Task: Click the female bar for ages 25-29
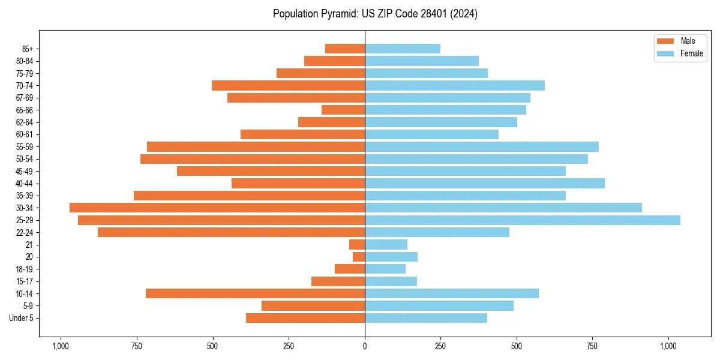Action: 522,220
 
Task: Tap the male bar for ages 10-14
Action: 255,293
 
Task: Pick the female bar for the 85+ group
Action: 403,49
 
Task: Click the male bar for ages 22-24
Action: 231,232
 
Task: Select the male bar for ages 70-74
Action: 288,85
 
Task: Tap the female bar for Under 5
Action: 426,318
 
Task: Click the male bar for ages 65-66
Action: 343,110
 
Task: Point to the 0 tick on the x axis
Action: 365,346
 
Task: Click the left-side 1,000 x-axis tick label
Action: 60,346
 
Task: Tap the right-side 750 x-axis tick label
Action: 592,346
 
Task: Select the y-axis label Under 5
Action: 22,318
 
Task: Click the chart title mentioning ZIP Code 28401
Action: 375,14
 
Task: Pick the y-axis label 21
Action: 29,245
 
